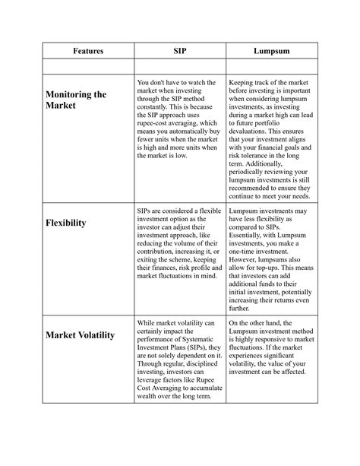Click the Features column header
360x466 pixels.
click(x=88, y=50)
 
